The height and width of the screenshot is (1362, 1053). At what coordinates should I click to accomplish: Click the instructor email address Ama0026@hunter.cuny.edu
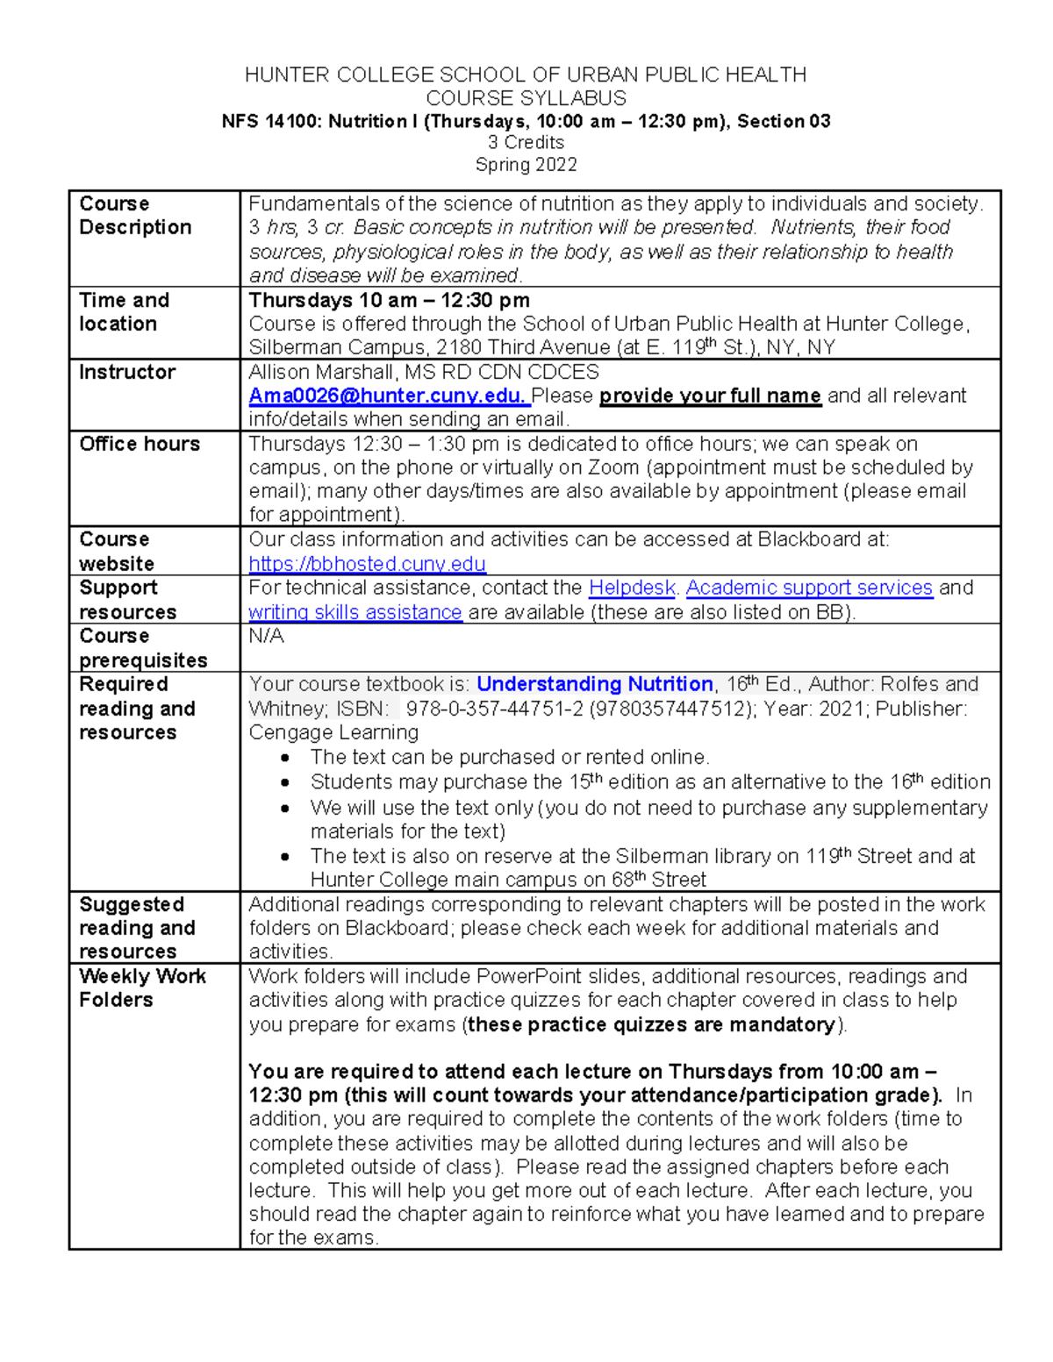pos(385,396)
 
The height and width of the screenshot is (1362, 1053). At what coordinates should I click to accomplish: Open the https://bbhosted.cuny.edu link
pos(367,563)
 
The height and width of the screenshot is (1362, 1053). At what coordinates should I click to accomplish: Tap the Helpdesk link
pos(632,588)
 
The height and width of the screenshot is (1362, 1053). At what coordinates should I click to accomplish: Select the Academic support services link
pos(808,588)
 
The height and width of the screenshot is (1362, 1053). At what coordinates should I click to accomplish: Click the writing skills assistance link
pos(355,612)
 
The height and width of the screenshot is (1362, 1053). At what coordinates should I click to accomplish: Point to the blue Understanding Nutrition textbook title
pos(594,684)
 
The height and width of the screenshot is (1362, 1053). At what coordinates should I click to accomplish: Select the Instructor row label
pos(127,372)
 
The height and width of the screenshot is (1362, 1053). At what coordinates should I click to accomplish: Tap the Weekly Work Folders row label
pos(142,988)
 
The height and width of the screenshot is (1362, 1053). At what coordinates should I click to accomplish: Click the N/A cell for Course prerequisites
pos(266,636)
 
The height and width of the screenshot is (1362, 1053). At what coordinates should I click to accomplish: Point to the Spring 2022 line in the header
pos(526,165)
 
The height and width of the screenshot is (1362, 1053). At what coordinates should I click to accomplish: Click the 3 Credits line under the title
pos(526,142)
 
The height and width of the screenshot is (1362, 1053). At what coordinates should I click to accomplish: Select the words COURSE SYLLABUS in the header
pos(526,98)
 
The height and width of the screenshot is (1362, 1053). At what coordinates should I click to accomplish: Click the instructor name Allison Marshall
pos(319,372)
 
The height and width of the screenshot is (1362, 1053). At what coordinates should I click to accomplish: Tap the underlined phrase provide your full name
pos(710,396)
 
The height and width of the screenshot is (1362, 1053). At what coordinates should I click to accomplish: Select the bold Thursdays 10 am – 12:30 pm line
pos(389,300)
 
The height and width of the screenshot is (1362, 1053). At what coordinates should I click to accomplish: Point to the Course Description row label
pos(135,215)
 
